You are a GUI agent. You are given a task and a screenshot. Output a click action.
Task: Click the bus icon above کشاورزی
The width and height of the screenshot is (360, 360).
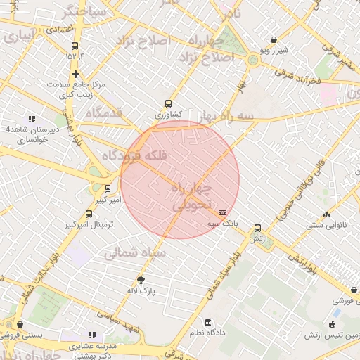tap(167, 103)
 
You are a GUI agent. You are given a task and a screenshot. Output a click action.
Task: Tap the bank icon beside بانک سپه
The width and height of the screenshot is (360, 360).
tap(223, 212)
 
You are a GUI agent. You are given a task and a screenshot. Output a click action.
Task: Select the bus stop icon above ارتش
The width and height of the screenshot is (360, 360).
tap(257, 229)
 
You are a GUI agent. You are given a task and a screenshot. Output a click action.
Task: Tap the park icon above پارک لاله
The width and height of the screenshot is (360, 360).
tap(141, 279)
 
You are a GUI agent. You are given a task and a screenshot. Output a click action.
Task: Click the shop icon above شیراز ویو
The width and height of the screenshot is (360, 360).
tap(274, 40)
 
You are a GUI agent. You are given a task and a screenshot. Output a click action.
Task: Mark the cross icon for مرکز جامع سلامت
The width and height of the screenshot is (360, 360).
tap(75, 74)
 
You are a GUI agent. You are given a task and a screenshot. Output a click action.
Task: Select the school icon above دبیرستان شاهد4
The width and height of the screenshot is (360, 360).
tap(32, 120)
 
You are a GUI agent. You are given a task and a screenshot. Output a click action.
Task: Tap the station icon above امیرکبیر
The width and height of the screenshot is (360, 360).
tap(108, 188)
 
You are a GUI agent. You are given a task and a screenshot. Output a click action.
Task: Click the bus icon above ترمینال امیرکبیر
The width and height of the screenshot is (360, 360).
tap(89, 214)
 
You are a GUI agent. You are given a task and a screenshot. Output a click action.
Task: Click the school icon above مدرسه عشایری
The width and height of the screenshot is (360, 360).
tap(91, 335)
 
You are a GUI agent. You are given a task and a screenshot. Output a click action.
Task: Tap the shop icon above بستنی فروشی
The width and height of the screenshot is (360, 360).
tap(20, 325)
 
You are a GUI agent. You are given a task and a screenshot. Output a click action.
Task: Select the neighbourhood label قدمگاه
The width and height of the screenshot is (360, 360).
tap(104, 112)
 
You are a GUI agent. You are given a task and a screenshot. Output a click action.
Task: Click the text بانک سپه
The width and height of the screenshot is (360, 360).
tap(222, 223)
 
